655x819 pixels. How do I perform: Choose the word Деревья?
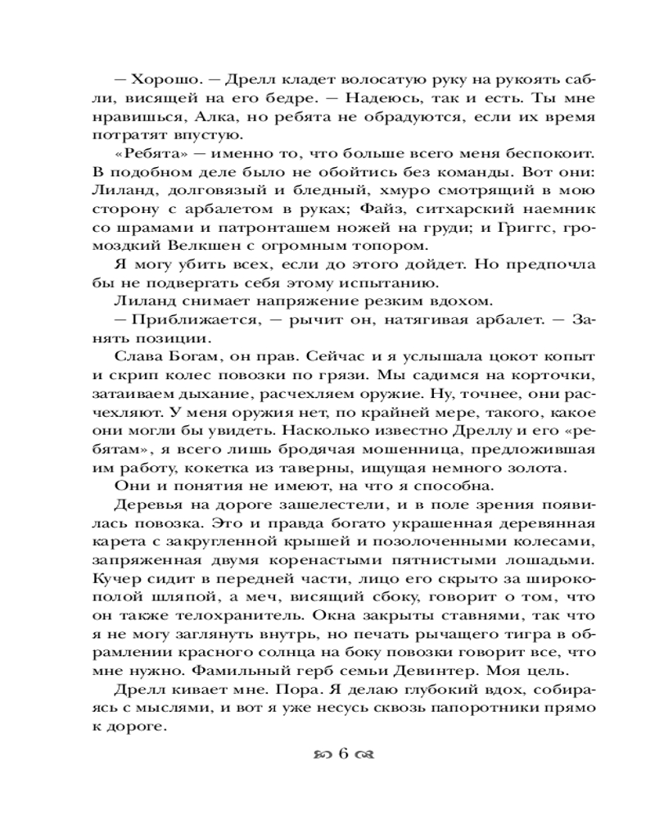138,509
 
